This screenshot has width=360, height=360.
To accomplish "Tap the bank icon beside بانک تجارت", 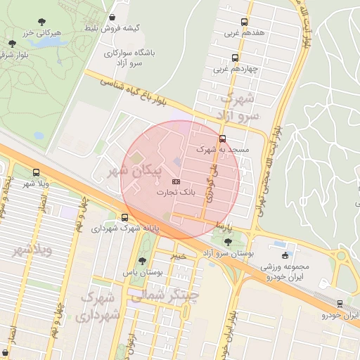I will pos(175,181).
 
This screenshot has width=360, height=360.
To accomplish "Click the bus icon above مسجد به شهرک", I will pos(223,139).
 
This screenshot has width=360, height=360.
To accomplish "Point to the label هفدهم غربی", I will pos(244,32).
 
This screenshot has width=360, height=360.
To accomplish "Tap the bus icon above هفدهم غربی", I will pos(244,22).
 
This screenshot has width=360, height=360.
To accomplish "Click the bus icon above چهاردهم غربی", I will pos(235,58).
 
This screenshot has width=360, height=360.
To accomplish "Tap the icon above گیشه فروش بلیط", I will pos(113,17).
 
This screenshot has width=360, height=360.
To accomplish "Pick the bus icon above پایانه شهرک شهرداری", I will pos(124,217).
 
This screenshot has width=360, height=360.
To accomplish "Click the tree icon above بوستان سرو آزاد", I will pos(226,242).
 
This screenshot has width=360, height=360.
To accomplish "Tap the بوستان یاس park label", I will pos(143,271).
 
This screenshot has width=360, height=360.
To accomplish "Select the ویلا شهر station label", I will pos(37,184).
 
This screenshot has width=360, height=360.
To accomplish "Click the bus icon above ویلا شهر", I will pos(37,172).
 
